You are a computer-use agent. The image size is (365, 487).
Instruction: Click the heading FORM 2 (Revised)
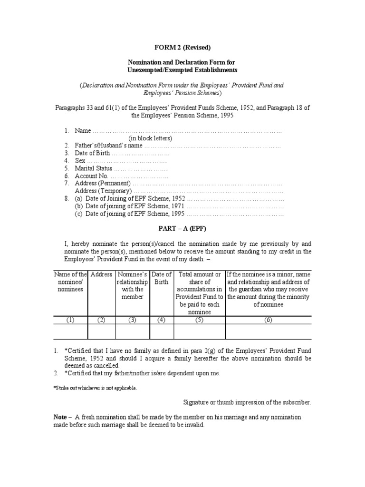tap(182, 47)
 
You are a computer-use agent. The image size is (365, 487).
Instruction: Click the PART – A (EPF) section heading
tap(182, 229)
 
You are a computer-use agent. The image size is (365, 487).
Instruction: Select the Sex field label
tap(79, 161)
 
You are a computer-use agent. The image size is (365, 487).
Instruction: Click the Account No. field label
tap(92, 176)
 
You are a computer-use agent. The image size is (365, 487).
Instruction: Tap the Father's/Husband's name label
tap(108, 146)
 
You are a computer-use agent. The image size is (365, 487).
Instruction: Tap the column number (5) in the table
tap(199, 320)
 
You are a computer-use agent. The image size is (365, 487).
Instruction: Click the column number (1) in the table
tap(70, 320)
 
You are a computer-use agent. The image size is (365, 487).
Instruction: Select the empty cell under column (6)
tap(268, 331)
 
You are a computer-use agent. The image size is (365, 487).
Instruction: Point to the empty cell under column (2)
tap(101, 331)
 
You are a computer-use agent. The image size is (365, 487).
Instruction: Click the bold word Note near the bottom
tap(60, 417)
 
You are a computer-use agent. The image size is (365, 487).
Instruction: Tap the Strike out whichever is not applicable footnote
tap(95, 388)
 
